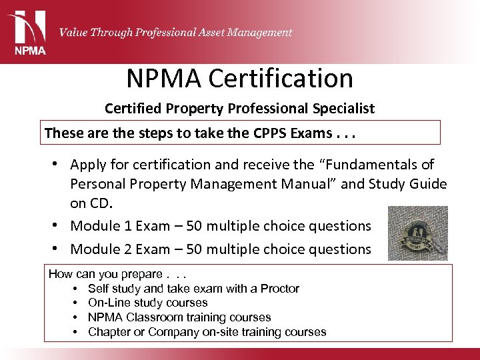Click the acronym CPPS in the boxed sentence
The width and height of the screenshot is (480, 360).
click(272, 133)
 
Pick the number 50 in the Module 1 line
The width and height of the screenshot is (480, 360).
click(194, 226)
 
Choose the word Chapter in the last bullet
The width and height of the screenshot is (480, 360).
click(109, 331)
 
